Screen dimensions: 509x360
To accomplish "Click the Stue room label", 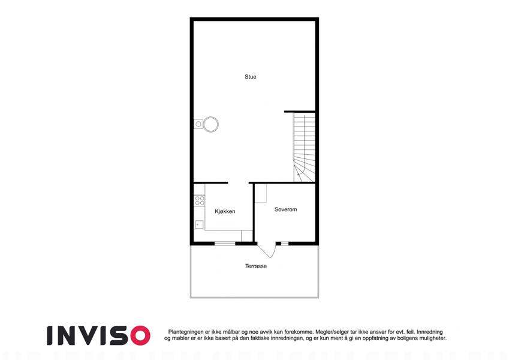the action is click(x=250, y=77).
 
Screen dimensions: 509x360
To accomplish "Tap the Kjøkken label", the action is click(x=225, y=211).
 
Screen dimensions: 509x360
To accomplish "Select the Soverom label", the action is click(x=285, y=209).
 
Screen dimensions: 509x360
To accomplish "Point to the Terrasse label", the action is click(x=256, y=266).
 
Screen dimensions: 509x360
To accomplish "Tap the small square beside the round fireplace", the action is click(x=198, y=124).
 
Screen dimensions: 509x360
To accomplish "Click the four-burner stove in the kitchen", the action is click(x=200, y=200).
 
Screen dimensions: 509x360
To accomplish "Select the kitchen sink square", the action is click(x=199, y=224).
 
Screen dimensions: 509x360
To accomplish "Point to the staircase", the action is click(x=304, y=147).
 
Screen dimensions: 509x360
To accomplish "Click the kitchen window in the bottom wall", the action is click(x=225, y=243).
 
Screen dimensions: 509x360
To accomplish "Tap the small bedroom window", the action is click(x=285, y=243).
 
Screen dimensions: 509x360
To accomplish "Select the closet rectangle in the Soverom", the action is click(x=261, y=193).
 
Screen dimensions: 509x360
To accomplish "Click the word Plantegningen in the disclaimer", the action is click(x=186, y=332).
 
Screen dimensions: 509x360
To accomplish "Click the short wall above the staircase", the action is click(x=300, y=112).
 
